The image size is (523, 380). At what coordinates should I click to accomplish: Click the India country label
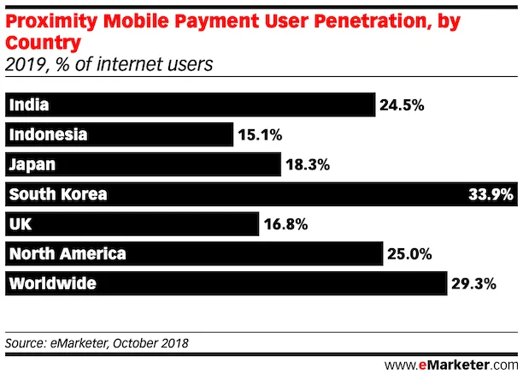click(28, 105)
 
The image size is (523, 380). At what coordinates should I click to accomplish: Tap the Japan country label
click(32, 164)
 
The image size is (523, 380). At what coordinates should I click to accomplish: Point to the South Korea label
click(58, 194)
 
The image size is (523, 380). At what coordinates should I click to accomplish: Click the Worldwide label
click(53, 283)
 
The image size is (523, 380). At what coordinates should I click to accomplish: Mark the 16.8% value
click(285, 225)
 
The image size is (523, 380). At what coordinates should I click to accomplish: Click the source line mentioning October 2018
click(97, 343)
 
